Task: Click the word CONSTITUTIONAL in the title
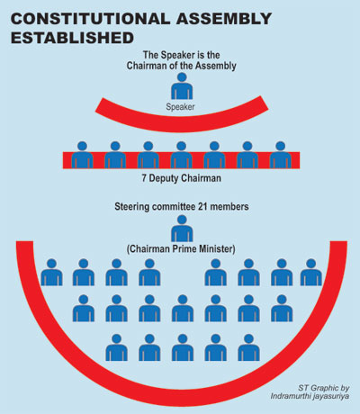coord(91,19)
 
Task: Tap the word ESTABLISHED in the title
coord(72,38)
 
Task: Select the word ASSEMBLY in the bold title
coord(224,19)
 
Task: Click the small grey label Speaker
coord(180,107)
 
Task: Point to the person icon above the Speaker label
coord(182,85)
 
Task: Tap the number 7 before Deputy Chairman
coord(144,178)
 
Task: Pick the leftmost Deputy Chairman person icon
coord(82,155)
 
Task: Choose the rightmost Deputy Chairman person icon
coord(280,155)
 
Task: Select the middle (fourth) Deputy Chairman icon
coord(181,155)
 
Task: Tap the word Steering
coord(131,207)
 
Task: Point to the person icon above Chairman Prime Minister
coord(182,229)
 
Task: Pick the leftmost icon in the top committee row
coord(51,272)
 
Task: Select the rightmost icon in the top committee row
coord(311,272)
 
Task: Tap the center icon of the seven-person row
coord(183,308)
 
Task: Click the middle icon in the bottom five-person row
coord(183,347)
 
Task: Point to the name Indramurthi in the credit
coord(291,396)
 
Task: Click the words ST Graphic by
coord(324,388)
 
